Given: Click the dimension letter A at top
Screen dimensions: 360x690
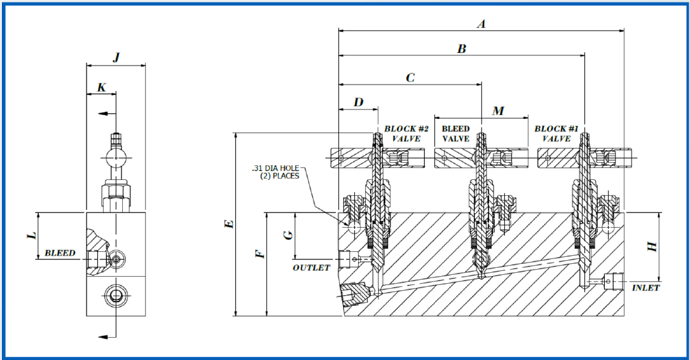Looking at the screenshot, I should (481, 24).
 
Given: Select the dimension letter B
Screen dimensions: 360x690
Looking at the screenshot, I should (462, 49).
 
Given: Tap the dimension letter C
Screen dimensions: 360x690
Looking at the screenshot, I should (410, 77).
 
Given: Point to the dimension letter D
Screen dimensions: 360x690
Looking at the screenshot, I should (359, 102).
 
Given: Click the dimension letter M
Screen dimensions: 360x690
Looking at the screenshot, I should (498, 111).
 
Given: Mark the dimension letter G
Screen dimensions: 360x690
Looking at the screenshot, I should (288, 235).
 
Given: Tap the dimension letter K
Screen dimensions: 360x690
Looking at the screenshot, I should (101, 88).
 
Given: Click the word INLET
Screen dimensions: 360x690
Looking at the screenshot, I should (646, 288).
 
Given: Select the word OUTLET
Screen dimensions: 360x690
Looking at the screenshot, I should (311, 268).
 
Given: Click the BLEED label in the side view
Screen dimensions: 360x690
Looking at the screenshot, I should (60, 253).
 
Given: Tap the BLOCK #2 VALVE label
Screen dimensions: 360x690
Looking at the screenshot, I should (406, 134).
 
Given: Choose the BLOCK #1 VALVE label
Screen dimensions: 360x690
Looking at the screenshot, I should (556, 134).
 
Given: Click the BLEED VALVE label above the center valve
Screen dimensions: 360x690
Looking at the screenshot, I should (455, 134).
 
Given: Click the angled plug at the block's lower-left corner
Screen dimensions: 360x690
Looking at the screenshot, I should (355, 294).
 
